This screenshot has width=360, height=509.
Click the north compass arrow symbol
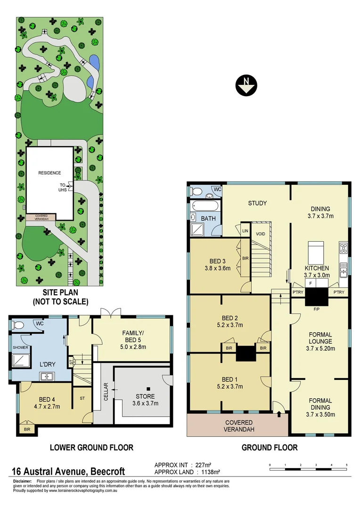pyautogui.click(x=246, y=85)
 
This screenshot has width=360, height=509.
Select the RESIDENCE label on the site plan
pyautogui.click(x=49, y=173)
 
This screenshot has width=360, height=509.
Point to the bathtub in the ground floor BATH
pyautogui.click(x=205, y=206)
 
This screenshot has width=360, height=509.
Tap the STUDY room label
pyautogui.click(x=257, y=203)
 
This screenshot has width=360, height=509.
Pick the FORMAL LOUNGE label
pyautogui.click(x=320, y=338)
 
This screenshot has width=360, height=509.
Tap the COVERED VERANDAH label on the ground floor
pyautogui.click(x=238, y=426)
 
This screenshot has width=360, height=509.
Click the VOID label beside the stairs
pyautogui.click(x=260, y=234)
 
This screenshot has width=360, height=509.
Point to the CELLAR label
pyautogui.click(x=106, y=392)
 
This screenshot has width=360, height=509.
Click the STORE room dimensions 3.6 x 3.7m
pyautogui.click(x=145, y=403)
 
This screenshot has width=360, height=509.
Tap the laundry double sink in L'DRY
pyautogui.click(x=48, y=376)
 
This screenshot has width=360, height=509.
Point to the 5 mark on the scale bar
pyautogui.click(x=347, y=465)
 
